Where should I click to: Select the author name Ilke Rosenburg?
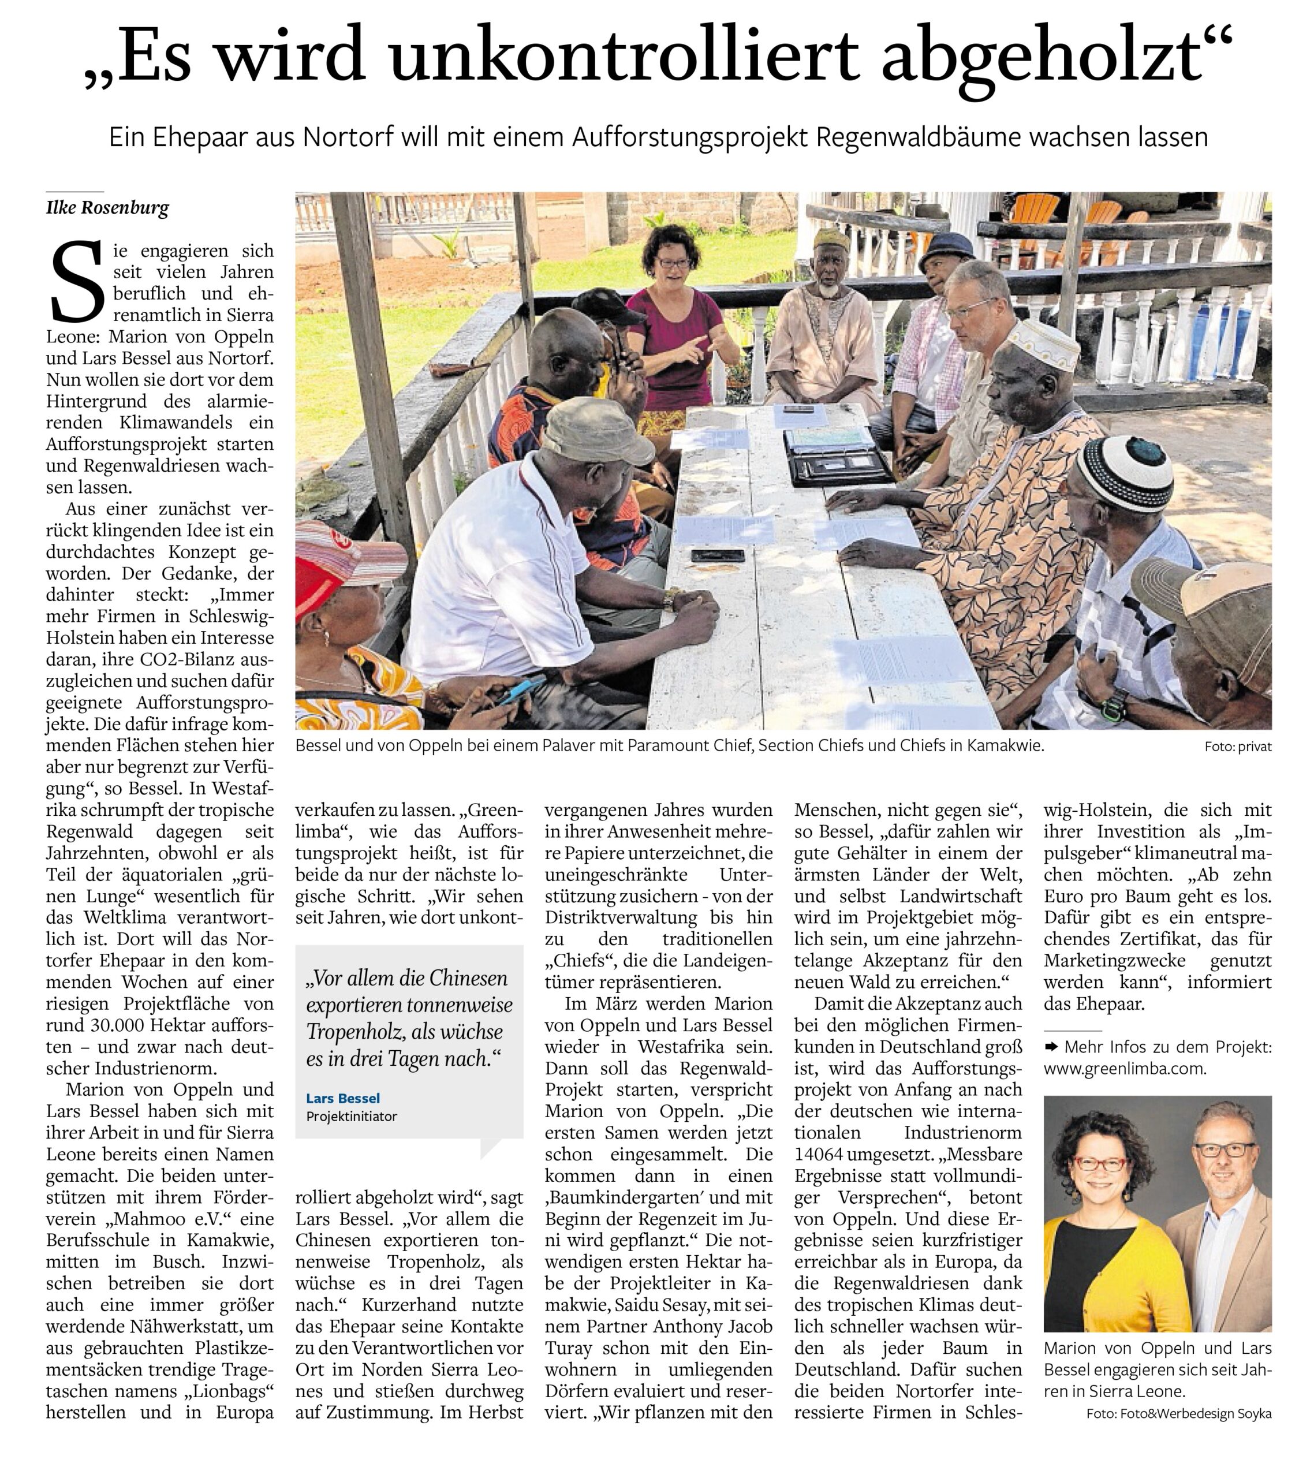[x=107, y=208]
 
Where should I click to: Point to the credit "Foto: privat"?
[x=1237, y=747]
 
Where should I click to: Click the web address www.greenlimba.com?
[x=1125, y=1069]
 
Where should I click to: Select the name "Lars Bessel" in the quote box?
[x=343, y=1098]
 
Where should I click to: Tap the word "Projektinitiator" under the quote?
[x=352, y=1116]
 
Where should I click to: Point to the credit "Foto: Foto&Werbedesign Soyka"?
[x=1179, y=1414]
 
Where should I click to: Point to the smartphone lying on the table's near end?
[x=716, y=555]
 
